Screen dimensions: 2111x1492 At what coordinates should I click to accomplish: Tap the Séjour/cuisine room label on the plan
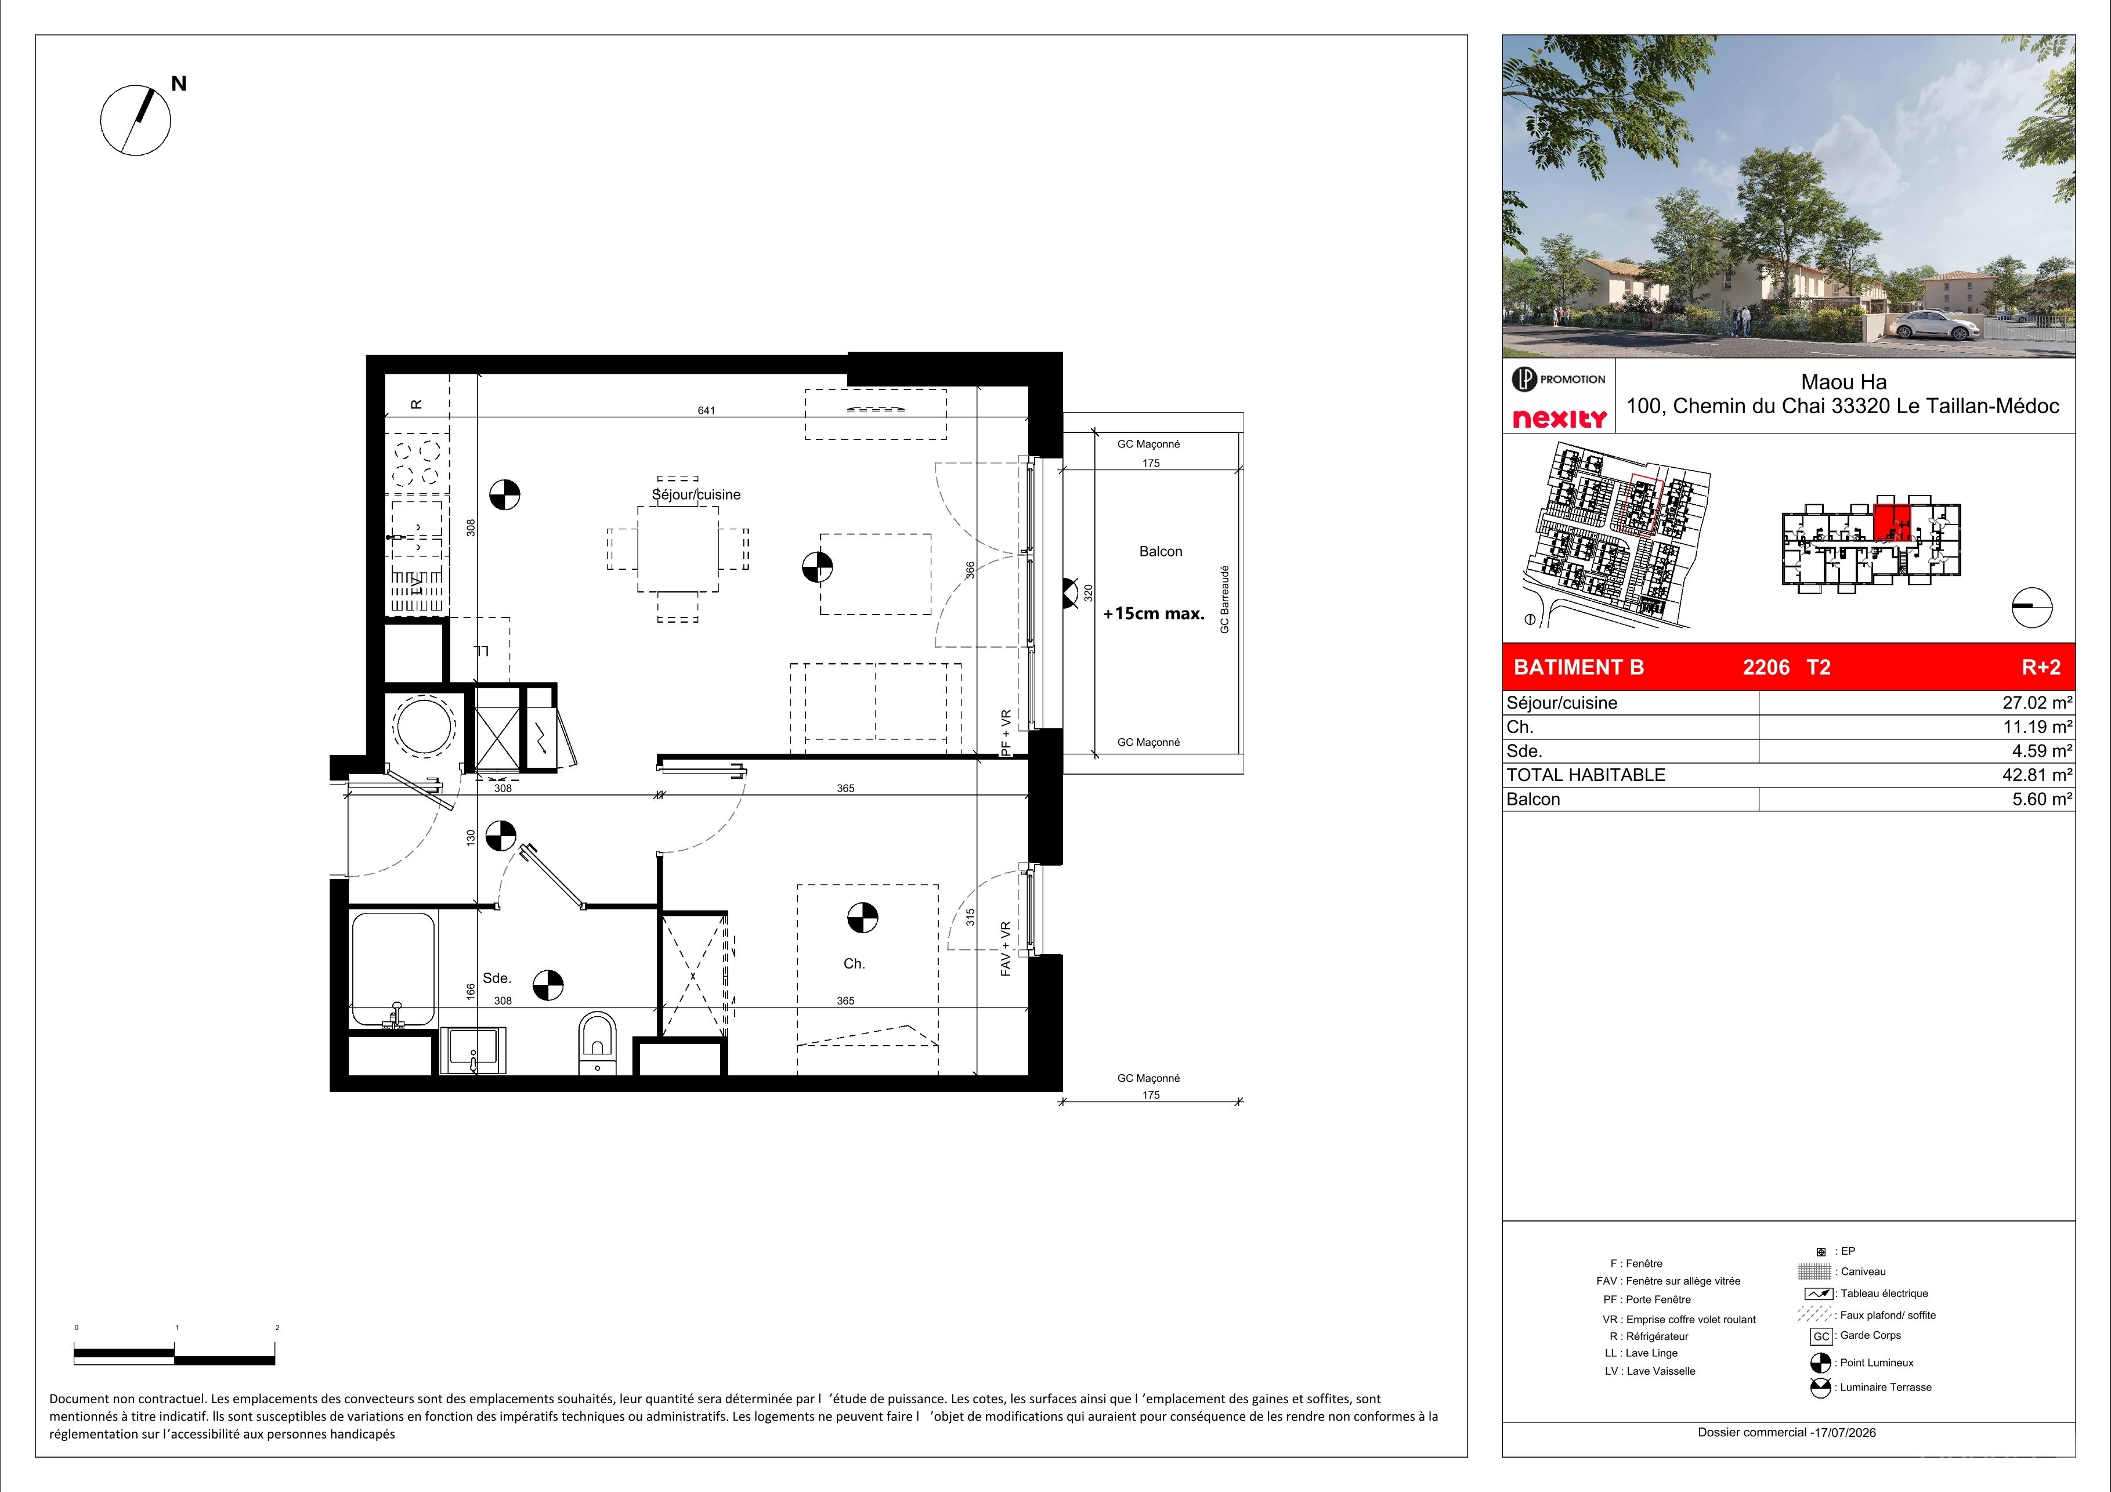click(696, 494)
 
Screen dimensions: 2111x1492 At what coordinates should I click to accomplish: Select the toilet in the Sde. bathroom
click(598, 1043)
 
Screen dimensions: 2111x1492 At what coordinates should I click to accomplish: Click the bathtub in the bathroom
click(393, 969)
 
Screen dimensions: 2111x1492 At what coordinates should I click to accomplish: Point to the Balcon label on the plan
click(1161, 551)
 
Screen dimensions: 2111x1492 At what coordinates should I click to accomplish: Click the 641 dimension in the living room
click(706, 411)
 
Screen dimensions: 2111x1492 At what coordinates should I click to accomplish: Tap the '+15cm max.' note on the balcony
click(1154, 614)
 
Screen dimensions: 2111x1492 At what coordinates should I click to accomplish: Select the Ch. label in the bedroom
click(854, 963)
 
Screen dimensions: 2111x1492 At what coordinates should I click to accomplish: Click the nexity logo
click(1560, 418)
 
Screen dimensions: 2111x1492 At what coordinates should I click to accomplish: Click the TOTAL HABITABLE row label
click(1586, 775)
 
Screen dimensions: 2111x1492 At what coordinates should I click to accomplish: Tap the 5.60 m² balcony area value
click(2042, 800)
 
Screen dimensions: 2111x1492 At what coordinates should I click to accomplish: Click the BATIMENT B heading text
click(1579, 667)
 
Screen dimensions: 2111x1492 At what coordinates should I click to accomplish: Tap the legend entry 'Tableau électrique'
click(1884, 1294)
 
